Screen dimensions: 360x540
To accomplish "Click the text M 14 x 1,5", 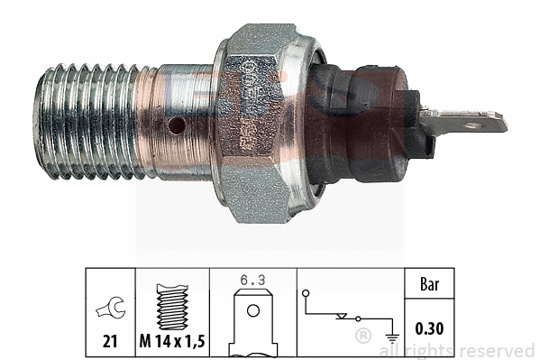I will [x=173, y=343].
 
